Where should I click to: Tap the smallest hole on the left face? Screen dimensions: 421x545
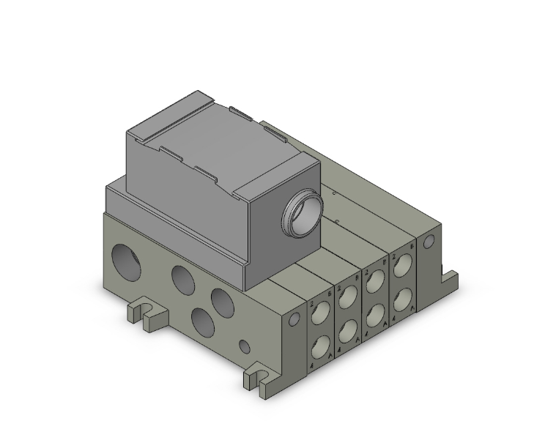[245, 344]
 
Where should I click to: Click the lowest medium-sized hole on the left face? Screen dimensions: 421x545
[201, 320]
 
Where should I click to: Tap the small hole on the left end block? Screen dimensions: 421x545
[294, 319]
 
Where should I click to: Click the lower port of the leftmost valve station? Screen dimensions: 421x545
[321, 346]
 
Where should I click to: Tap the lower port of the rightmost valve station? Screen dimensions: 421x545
[402, 298]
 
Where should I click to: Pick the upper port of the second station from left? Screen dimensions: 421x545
[347, 298]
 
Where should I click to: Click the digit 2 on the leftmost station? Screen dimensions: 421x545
[311, 302]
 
